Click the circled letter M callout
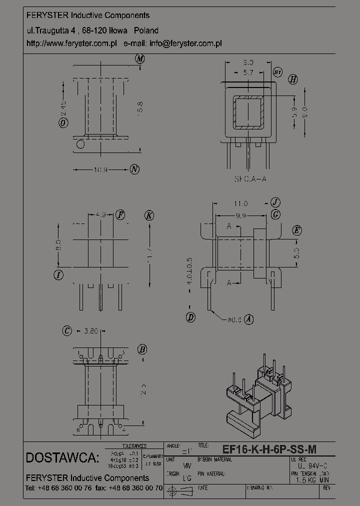(139, 59)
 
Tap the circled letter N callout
(134, 169)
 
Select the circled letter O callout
(63, 123)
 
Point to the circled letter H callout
(293, 79)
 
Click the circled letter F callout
(120, 215)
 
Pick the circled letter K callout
(148, 215)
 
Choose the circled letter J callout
(275, 202)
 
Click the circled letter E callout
(297, 230)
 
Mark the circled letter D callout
(190, 317)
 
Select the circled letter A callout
(248, 318)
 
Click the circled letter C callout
(67, 330)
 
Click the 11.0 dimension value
(240, 203)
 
